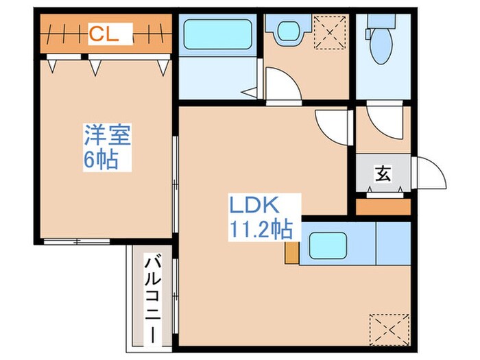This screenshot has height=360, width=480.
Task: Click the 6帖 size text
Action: tap(100, 160)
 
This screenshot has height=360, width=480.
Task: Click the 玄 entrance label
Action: tap(382, 174)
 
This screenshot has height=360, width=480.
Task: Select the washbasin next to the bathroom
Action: tap(285, 30)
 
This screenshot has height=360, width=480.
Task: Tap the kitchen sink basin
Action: tap(328, 245)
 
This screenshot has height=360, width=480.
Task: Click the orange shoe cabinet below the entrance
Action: tap(383, 206)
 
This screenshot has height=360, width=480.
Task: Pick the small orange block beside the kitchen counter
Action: tap(292, 252)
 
